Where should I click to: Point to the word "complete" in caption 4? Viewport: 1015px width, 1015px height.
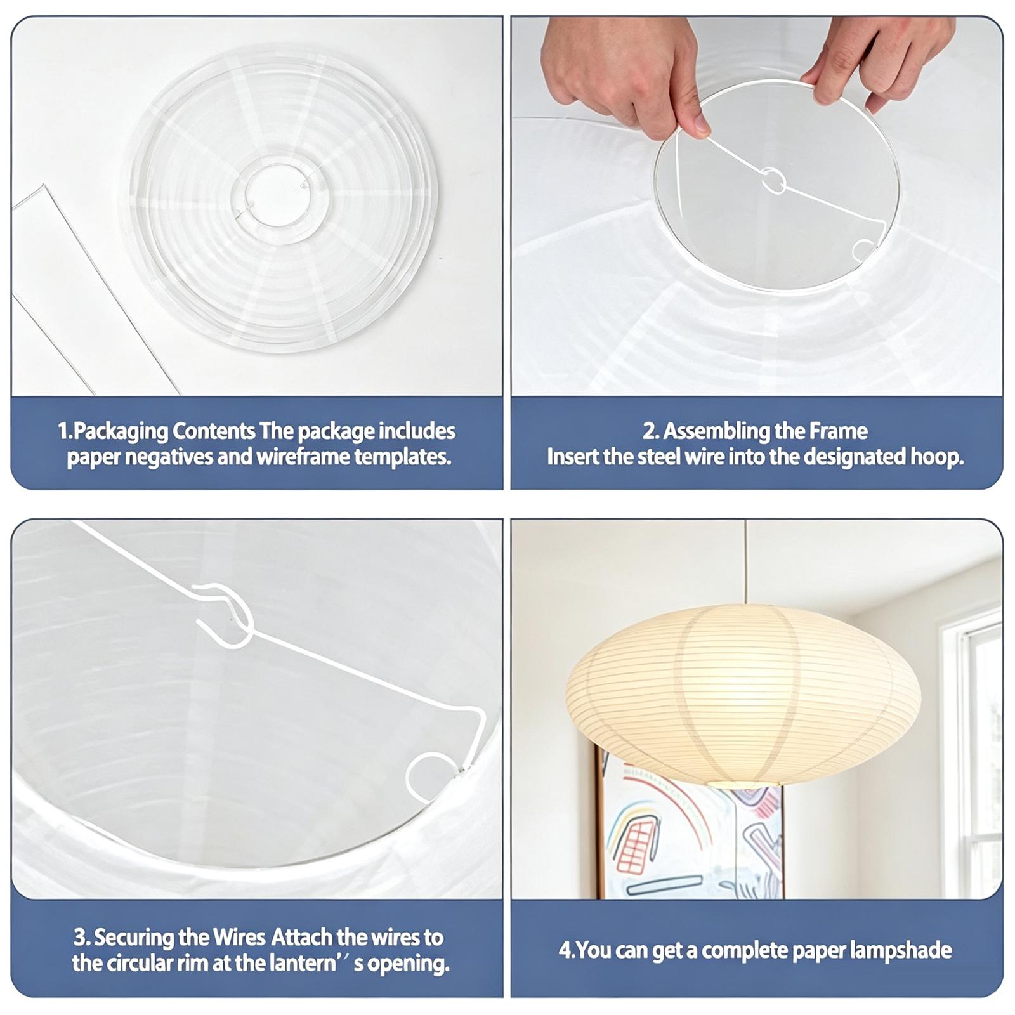(x=742, y=951)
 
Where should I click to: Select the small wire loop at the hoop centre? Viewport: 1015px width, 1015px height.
(x=773, y=181)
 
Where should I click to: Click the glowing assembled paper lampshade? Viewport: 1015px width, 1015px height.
(x=742, y=694)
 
